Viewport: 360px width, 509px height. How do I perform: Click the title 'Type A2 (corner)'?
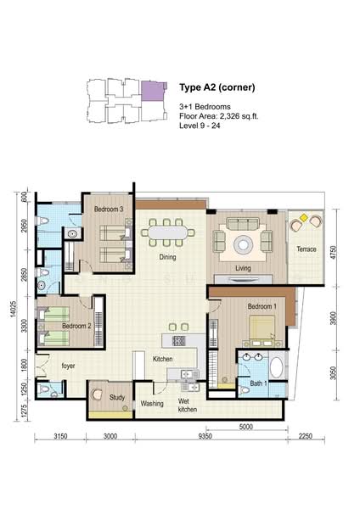(217, 87)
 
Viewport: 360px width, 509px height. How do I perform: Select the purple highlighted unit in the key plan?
(153, 91)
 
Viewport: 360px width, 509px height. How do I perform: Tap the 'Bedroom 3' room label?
(109, 210)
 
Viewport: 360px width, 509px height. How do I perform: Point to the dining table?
(167, 232)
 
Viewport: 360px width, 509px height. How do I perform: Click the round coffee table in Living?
(243, 244)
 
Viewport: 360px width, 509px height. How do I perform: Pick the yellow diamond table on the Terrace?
(303, 218)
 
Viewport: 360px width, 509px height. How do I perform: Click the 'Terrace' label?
(306, 249)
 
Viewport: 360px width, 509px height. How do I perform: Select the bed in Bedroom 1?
(262, 327)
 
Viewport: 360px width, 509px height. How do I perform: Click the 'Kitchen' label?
(162, 359)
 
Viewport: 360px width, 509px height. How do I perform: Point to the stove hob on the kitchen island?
(178, 341)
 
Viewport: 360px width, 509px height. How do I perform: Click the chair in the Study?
(97, 394)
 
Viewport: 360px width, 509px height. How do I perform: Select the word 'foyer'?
(68, 366)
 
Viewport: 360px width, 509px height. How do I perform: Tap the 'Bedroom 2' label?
(76, 326)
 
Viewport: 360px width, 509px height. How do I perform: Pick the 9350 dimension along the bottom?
(205, 436)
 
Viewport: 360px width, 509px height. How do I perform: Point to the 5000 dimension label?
(245, 427)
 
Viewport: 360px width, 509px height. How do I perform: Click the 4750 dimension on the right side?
(333, 253)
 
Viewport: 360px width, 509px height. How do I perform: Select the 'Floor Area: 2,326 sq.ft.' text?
(219, 116)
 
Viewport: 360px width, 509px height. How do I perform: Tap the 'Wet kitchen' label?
(188, 406)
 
